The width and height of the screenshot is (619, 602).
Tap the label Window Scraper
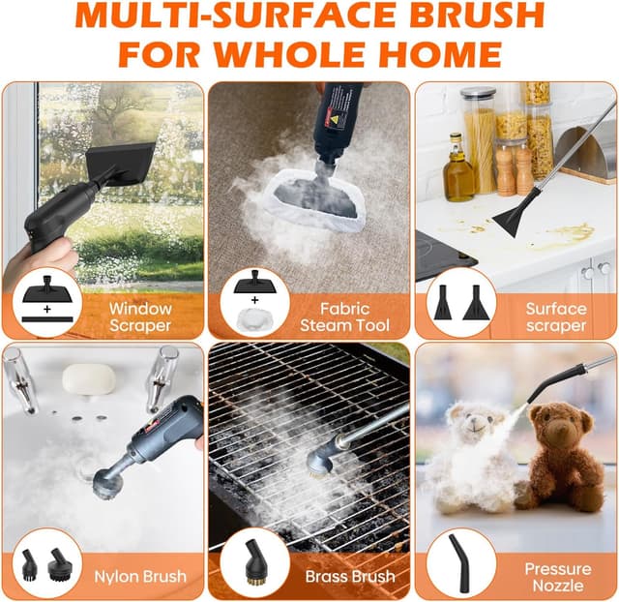(139, 316)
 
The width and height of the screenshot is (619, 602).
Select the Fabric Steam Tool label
(344, 316)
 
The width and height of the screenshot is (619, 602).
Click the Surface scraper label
(555, 316)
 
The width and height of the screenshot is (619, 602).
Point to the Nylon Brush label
(140, 577)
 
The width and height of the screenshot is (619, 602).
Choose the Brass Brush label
(350, 577)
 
